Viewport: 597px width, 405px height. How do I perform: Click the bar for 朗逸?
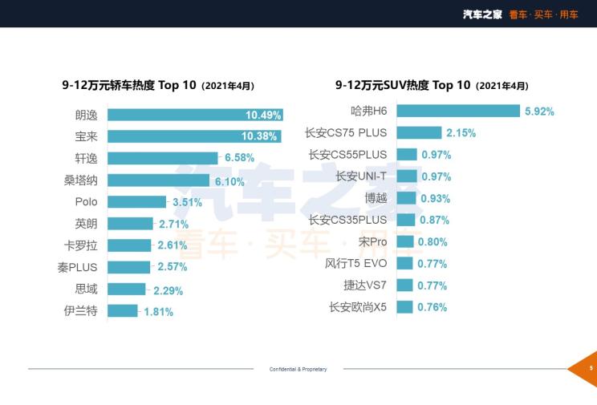pos(195,115)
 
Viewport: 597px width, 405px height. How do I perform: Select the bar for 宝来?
pos(194,136)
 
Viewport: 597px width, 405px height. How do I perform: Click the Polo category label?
pos(86,202)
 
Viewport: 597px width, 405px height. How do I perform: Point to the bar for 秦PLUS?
pos(128,267)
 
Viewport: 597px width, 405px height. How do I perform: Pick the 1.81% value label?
pos(159,311)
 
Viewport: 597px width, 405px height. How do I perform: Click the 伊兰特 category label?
pos(81,310)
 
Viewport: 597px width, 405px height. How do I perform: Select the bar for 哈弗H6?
pos(457,111)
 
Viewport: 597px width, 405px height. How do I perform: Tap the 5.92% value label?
pos(539,111)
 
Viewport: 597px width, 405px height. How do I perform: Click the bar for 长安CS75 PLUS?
pos(419,132)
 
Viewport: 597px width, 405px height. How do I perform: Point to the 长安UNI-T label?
pos(361,176)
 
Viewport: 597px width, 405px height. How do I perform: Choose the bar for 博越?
pos(406,198)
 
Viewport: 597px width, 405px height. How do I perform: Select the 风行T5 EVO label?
pos(355,263)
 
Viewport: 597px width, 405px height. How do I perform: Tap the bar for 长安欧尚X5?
pos(404,306)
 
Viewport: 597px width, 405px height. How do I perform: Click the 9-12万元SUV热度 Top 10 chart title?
pos(432,85)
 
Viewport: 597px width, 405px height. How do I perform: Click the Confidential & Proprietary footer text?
pos(298,370)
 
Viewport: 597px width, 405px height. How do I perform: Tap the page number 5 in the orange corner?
pos(591,368)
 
